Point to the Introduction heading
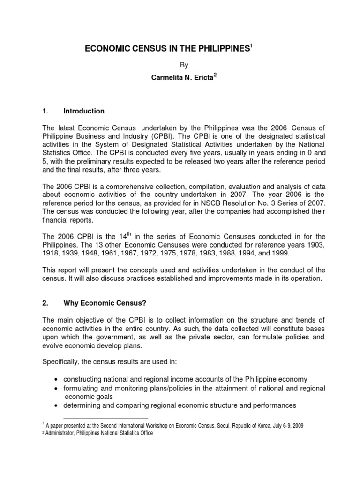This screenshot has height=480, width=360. coord(84,111)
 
